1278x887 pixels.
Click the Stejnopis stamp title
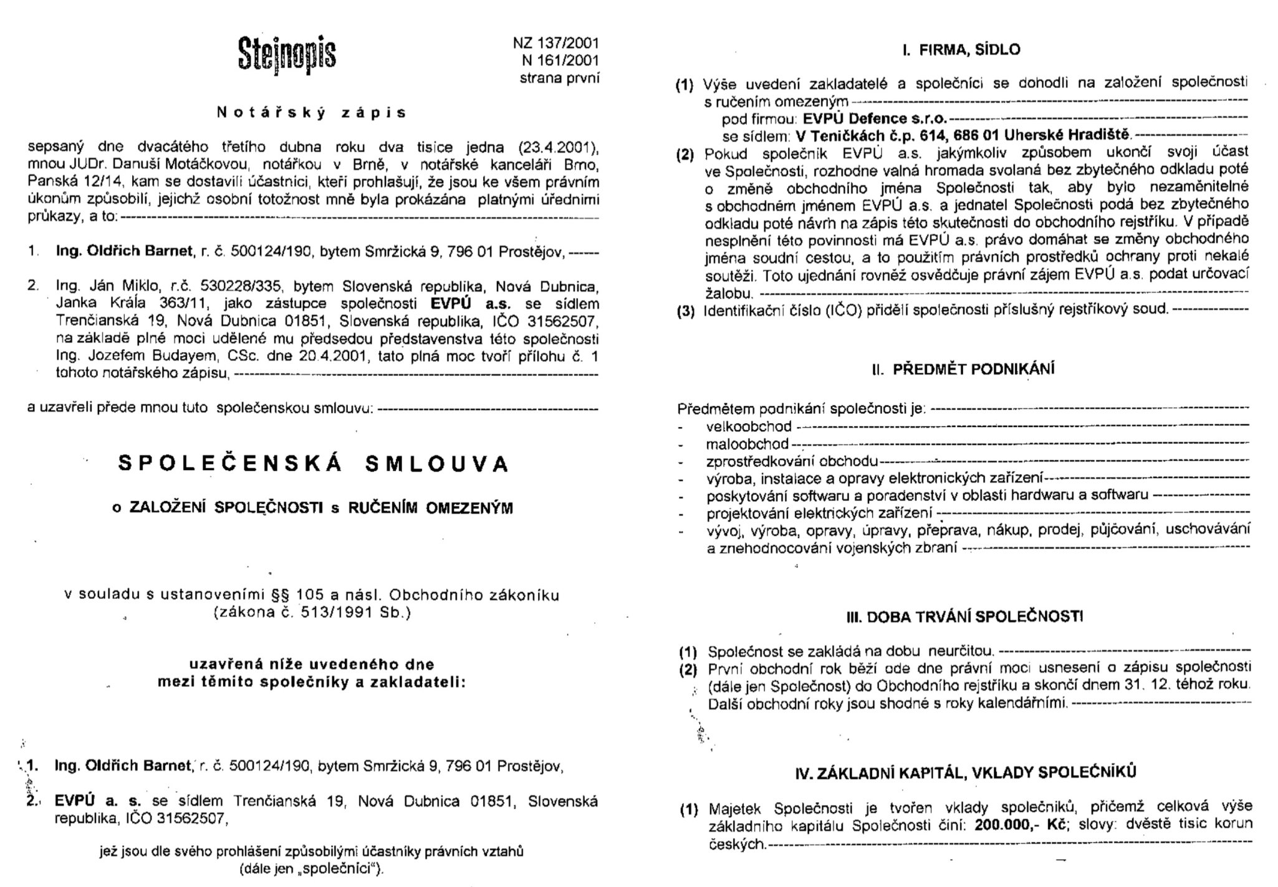click(x=286, y=54)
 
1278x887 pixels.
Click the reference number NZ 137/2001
click(x=555, y=43)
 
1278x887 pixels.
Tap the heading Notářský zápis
click(x=311, y=113)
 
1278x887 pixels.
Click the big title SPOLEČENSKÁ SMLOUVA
click(x=314, y=464)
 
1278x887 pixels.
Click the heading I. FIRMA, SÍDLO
click(x=961, y=50)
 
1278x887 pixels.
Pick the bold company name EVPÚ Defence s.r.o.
click(x=874, y=118)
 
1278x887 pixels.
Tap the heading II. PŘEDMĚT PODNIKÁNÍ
click(x=963, y=369)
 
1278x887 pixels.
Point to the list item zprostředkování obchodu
click(x=792, y=462)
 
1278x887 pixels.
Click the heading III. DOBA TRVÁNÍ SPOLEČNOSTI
click(x=964, y=617)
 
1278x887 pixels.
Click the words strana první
click(x=559, y=78)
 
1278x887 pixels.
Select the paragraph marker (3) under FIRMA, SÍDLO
click(x=686, y=310)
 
